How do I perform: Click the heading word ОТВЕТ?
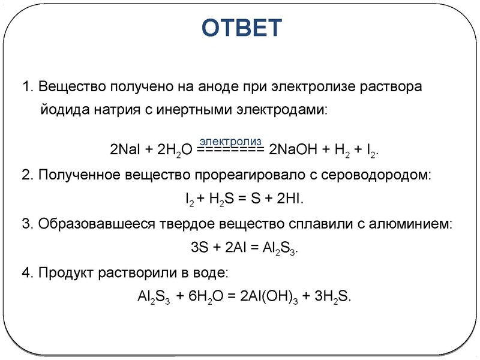pos(240,27)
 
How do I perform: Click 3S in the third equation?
pos(199,248)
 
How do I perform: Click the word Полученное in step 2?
pos(76,175)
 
